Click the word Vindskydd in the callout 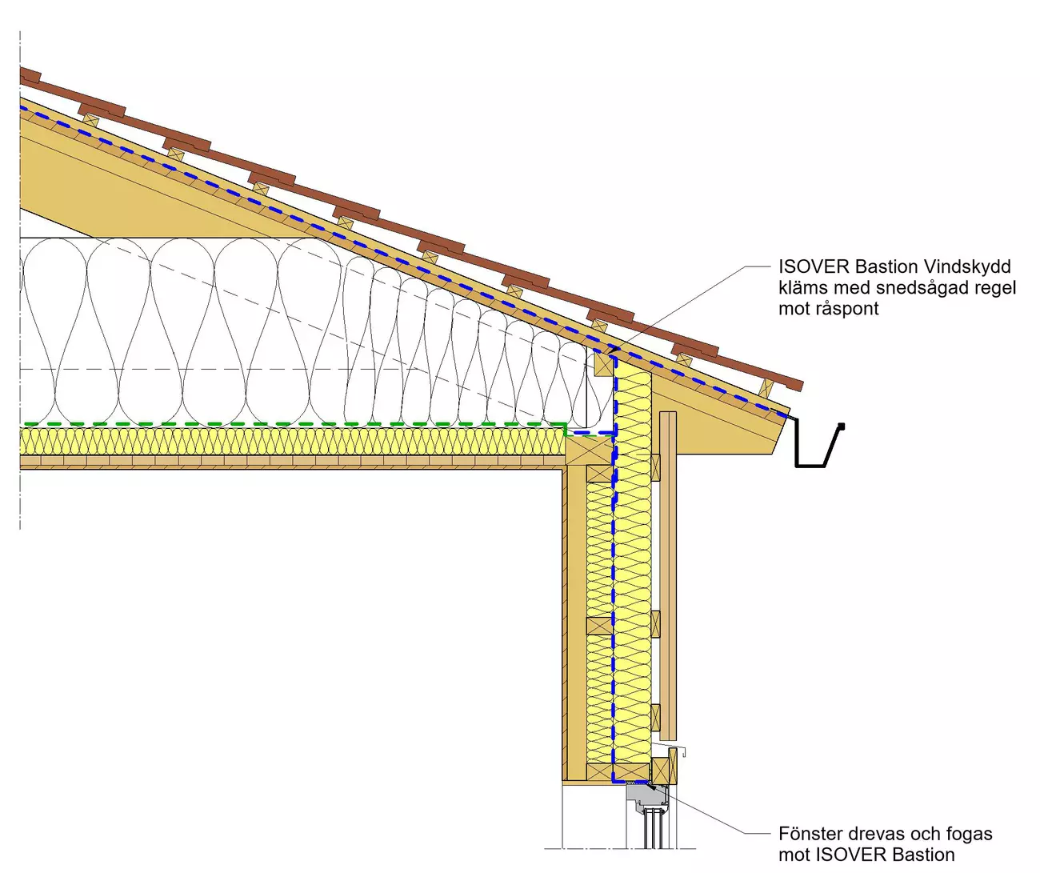(x=967, y=266)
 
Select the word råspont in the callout (x=845, y=309)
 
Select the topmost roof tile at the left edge (x=30, y=77)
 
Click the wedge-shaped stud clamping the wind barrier (x=604, y=365)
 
